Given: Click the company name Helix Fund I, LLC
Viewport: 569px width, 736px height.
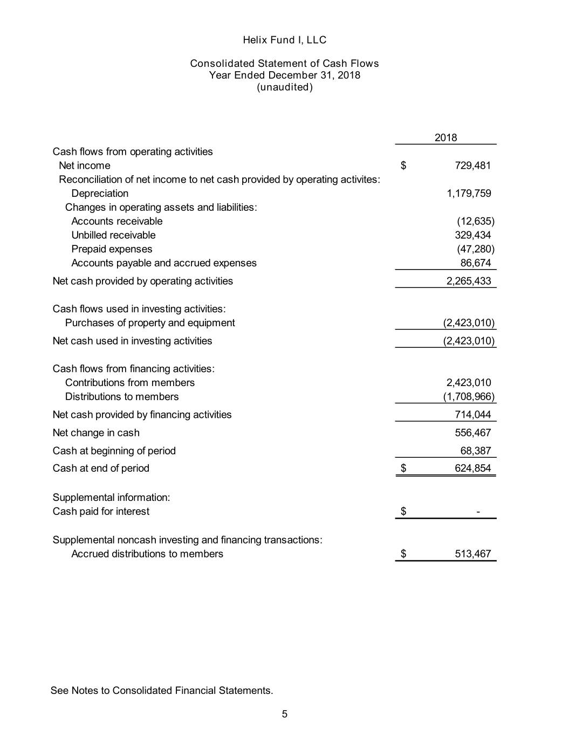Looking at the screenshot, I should tap(284, 40).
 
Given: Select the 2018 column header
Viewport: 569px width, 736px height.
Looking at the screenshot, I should tap(445, 137).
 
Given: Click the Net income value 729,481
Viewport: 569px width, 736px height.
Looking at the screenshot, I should tap(472, 166).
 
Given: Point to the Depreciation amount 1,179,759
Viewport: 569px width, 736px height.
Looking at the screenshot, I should tap(469, 194).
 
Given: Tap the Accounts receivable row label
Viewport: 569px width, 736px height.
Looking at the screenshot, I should tap(116, 221).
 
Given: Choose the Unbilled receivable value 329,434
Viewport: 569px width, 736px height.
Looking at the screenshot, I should tap(472, 235).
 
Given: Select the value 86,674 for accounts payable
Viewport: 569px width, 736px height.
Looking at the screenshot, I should tap(475, 263).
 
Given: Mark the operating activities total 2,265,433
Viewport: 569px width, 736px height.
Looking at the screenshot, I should tap(469, 281).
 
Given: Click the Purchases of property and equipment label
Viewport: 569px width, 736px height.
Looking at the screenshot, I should tap(150, 323).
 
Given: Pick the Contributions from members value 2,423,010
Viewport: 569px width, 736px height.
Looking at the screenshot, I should tap(469, 383).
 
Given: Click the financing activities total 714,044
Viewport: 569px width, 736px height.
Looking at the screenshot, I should tap(472, 415).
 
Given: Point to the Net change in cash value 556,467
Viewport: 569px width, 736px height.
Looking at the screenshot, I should tap(472, 432).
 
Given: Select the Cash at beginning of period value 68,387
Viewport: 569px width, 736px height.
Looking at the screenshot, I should tap(475, 451).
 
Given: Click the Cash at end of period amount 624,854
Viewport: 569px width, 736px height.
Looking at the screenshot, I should tap(472, 468).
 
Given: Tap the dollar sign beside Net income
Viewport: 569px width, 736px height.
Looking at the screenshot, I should tap(403, 166).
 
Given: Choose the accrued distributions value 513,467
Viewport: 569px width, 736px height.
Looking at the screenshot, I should tap(472, 554).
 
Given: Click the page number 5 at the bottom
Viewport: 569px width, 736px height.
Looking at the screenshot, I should tap(285, 714).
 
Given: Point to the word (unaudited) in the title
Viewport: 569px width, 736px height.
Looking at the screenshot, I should tap(284, 87).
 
